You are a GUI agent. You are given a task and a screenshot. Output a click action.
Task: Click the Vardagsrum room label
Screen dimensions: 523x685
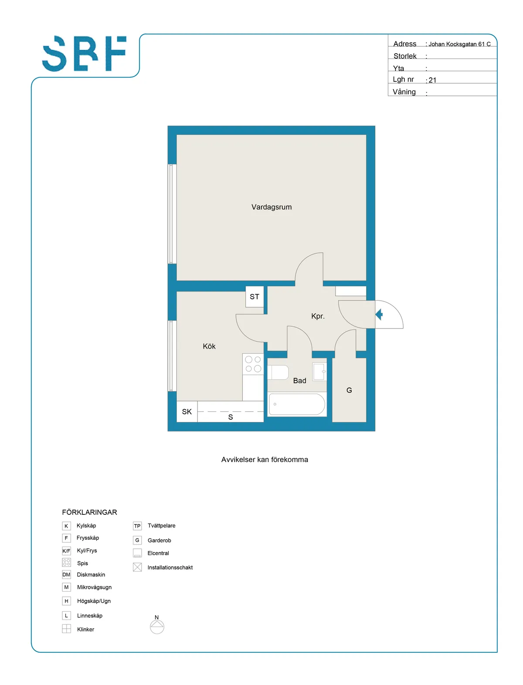click(271, 207)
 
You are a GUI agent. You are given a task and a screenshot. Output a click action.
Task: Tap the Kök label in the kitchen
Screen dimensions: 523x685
click(209, 346)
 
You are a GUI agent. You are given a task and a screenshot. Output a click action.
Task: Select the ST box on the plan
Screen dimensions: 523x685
click(255, 296)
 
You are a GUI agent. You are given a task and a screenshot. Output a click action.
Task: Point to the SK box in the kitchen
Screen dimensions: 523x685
click(187, 411)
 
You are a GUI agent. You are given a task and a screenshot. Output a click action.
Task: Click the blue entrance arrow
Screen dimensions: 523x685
click(379, 314)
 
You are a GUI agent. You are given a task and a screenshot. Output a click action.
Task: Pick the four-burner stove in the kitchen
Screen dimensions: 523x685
click(253, 364)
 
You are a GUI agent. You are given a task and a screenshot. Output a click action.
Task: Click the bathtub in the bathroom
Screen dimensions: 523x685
click(297, 404)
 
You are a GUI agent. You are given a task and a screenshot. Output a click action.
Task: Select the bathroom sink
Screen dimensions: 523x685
click(319, 372)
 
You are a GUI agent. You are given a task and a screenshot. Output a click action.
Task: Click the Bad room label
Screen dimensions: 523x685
click(299, 380)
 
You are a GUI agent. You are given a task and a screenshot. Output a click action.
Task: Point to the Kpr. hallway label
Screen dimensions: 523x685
click(318, 316)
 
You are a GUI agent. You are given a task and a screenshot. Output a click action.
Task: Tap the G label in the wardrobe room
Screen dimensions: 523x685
click(349, 390)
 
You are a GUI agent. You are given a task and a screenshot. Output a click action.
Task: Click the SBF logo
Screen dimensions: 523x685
click(84, 53)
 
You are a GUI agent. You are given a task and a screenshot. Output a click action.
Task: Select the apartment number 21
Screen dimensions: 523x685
click(432, 80)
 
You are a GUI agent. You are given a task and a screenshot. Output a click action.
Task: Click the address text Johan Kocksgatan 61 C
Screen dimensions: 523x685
click(459, 44)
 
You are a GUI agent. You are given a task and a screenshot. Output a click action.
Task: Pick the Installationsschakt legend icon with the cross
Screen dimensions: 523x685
click(137, 567)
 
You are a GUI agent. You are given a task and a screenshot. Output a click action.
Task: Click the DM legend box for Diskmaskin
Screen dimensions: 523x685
click(66, 575)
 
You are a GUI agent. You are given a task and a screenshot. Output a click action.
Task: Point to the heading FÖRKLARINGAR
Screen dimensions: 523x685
click(89, 512)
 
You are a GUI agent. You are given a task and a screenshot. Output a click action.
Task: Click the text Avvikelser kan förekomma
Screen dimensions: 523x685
click(264, 459)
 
